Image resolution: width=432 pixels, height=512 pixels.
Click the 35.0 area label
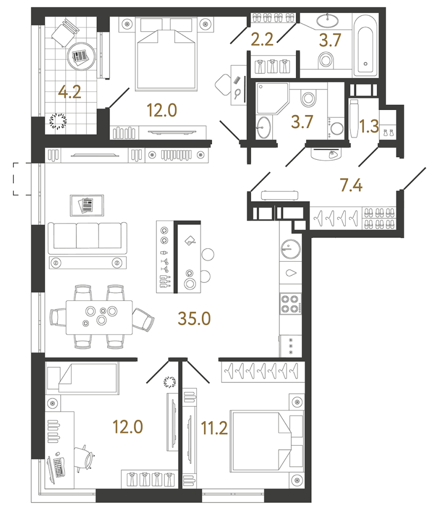pos(194,319)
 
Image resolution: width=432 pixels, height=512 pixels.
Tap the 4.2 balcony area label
pos(69,92)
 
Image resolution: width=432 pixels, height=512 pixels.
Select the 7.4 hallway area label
pos(351,185)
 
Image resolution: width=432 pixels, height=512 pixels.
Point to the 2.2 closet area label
pos(262,40)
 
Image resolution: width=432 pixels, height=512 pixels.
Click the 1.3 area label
pos(369,127)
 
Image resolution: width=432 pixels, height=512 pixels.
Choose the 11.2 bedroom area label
pos(214,428)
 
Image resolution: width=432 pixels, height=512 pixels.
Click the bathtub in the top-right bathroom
pos(365,51)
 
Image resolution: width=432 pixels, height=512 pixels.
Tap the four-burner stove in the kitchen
pos(290,303)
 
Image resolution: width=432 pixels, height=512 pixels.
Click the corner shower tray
pos(272,98)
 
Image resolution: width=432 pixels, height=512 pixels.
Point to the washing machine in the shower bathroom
pos(336,128)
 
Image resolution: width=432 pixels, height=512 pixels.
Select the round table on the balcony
pos(81,56)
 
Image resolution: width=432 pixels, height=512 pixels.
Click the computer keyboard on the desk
pos(59,467)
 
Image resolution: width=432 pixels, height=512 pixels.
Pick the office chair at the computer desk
pos(84,458)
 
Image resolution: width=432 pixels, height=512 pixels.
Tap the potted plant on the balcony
pos(58,121)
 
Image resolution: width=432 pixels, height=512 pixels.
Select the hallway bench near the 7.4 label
pos(279,195)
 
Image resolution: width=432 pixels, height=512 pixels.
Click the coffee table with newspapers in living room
pos(87,206)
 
